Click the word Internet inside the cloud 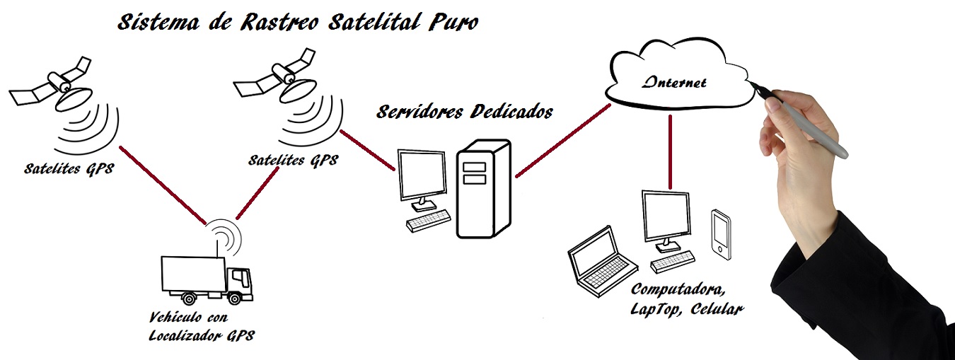coord(673,83)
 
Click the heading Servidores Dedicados coord(464,112)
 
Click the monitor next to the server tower coord(422,175)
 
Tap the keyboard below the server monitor coord(428,221)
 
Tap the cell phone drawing coord(720,232)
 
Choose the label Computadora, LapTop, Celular coord(685,299)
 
